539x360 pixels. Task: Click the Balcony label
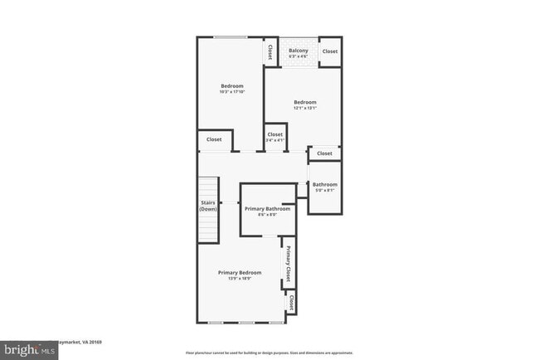pos(299,51)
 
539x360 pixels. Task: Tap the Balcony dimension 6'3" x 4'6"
pos(299,56)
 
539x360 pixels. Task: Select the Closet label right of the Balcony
pos(330,51)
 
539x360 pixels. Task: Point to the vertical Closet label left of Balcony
pos(270,51)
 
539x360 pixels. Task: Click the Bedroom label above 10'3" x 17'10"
pos(232,86)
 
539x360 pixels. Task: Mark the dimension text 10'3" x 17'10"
pos(232,92)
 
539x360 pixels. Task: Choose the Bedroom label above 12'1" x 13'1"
pos(305,102)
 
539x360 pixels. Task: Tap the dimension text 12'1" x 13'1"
pos(305,108)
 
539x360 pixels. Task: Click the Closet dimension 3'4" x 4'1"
pos(275,140)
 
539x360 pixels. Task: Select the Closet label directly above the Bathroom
pos(324,153)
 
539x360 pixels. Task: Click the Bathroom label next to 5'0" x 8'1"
pos(324,184)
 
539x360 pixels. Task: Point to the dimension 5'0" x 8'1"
pos(324,190)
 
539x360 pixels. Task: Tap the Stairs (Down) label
pos(208,206)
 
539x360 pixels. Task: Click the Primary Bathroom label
pos(267,209)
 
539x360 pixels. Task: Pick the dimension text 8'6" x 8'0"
pos(267,215)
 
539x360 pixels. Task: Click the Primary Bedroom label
pos(240,273)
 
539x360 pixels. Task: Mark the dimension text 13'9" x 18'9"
pos(240,279)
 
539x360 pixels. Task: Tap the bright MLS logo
pos(29,350)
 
